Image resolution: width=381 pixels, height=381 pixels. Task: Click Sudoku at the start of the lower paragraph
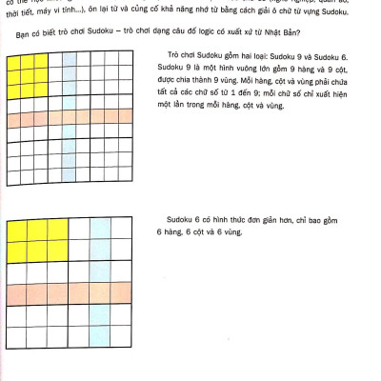click(181, 218)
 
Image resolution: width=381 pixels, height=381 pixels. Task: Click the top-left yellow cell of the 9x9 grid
click(12, 62)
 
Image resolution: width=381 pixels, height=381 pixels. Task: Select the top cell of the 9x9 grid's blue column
click(70, 62)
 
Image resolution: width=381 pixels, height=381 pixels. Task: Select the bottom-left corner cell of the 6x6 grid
click(16, 336)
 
